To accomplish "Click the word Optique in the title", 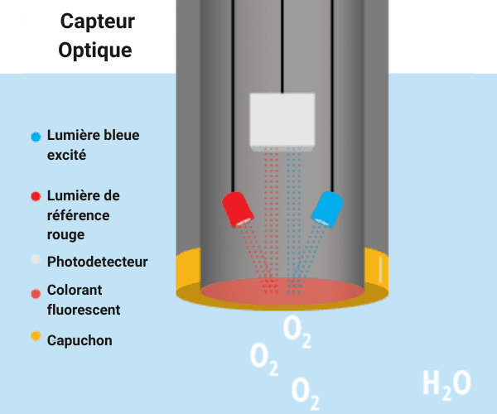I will pyautogui.click(x=94, y=50).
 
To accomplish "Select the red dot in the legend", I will pyautogui.click(x=35, y=197).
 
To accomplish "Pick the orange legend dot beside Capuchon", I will pyautogui.click(x=35, y=338).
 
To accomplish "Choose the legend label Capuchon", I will pyautogui.click(x=80, y=340).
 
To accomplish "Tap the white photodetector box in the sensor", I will pyautogui.click(x=282, y=121).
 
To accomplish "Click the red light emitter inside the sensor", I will pyautogui.click(x=238, y=209).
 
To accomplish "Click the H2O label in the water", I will pyautogui.click(x=446, y=383).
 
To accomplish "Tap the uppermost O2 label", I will pyautogui.click(x=297, y=330).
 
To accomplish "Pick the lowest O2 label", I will pyautogui.click(x=306, y=392).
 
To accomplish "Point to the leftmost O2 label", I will pyautogui.click(x=263, y=359).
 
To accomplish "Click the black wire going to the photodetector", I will pyautogui.click(x=282, y=46).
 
